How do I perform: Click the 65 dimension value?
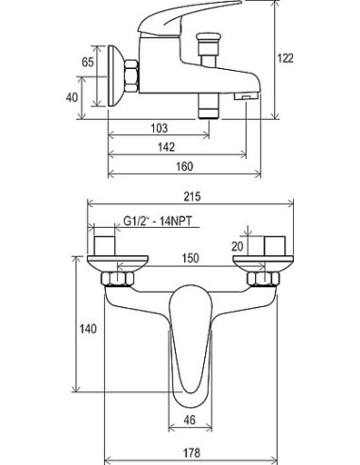(88, 61)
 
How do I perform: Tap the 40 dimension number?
(72, 97)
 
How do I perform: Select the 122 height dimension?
(285, 59)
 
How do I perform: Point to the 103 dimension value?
(160, 128)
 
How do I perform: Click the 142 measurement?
(166, 146)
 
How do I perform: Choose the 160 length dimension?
(184, 166)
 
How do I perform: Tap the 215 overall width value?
(192, 197)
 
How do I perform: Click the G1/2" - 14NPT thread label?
(157, 221)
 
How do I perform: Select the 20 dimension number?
(237, 247)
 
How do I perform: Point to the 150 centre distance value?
(191, 258)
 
